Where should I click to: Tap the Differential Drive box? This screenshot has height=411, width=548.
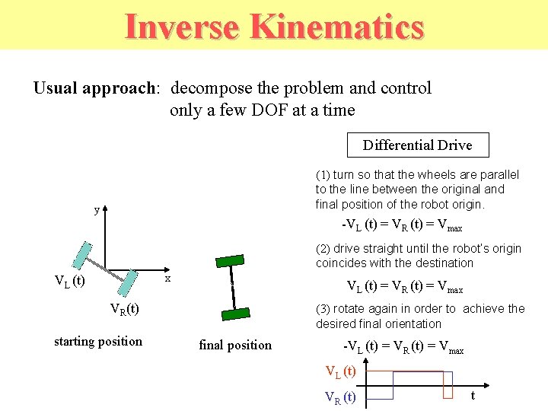(417, 145)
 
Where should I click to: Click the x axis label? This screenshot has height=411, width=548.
(168, 279)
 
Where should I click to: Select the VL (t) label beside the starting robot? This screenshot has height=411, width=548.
(69, 282)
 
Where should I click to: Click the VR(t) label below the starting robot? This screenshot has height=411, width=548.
(124, 309)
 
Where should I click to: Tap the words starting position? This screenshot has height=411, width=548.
(98, 341)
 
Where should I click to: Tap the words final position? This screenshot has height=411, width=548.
(235, 345)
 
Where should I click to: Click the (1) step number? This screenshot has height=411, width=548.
(323, 175)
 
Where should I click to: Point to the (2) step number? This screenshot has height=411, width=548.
(323, 249)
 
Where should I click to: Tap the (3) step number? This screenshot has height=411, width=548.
(323, 309)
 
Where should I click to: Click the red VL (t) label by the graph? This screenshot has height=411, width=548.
(341, 372)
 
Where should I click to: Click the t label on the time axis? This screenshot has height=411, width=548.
(473, 395)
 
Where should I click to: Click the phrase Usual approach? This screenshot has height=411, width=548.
(94, 88)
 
